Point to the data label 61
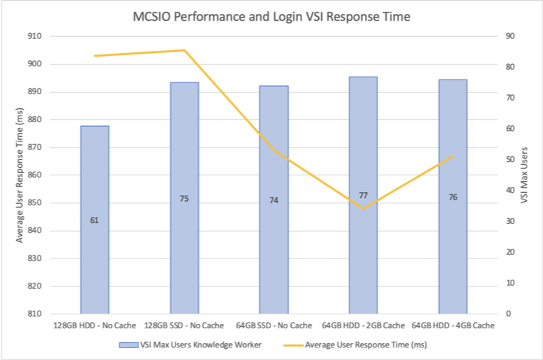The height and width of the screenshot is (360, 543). [x=94, y=219]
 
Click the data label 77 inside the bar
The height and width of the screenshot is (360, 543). [x=363, y=196]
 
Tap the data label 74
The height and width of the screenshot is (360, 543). [x=274, y=200]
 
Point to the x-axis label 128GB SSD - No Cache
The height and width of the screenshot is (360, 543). [x=184, y=325]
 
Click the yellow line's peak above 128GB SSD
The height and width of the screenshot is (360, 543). [x=184, y=50]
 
